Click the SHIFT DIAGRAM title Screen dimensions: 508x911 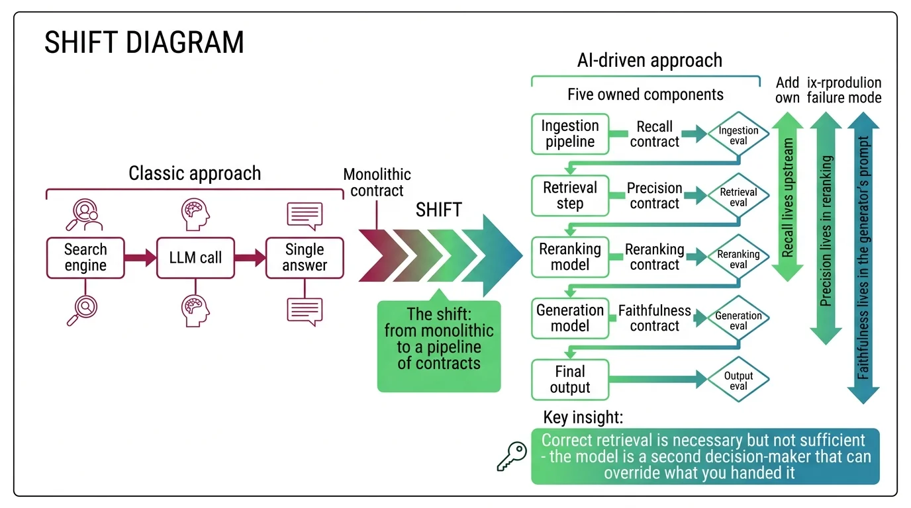coord(144,43)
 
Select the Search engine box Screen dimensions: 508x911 coord(85,258)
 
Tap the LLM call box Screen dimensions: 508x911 coord(195,258)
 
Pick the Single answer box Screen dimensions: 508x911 coord(305,258)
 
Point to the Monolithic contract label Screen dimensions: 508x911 coord(377,183)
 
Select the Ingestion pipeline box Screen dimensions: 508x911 coord(570,134)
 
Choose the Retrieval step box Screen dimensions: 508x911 coord(570,195)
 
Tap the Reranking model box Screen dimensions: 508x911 coord(570,257)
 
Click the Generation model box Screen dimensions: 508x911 coord(570,318)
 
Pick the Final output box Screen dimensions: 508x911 coord(570,379)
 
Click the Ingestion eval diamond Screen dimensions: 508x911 coord(738,136)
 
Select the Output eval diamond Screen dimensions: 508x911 coord(738,380)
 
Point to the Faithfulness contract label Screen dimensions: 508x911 coord(654,318)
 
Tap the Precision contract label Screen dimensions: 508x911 coord(654,196)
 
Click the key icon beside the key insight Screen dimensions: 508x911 coord(512,456)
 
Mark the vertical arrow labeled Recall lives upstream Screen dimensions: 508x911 coord(788,197)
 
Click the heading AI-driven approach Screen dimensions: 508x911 coord(649,61)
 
